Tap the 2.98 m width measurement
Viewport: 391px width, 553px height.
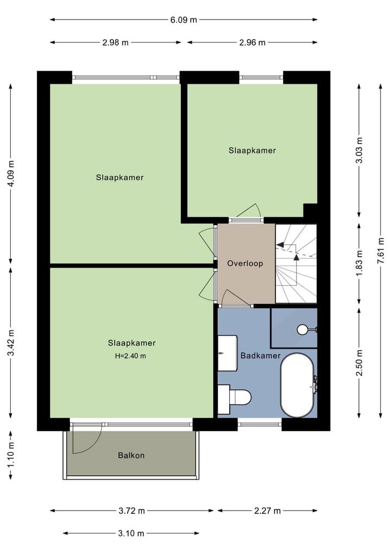115,42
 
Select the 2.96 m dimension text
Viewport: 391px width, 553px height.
252,42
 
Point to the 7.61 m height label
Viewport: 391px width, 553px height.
381,251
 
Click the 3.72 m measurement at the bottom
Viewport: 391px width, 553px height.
132,511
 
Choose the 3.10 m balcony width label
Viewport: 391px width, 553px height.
131,533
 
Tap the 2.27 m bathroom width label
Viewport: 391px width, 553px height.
267,511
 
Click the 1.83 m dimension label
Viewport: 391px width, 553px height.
358,263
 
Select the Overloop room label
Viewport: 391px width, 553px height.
245,263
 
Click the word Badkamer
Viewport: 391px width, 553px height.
260,356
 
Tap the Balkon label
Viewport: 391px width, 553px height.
131,455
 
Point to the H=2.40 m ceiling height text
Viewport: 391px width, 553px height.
131,356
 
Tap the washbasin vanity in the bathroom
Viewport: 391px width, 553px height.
227,353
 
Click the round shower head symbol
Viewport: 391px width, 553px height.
302,329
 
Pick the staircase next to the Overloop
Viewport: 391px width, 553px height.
296,263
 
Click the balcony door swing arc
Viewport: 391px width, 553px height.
87,440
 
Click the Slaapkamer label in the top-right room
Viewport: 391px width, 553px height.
252,151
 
